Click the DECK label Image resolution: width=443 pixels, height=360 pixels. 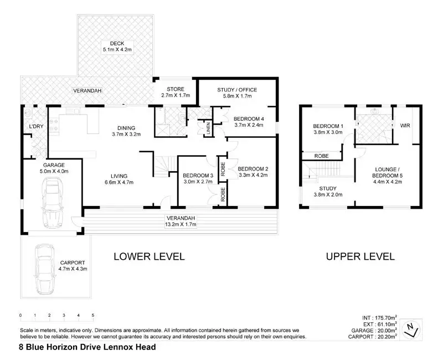tap(116, 43)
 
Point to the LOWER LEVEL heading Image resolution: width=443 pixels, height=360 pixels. tap(149, 256)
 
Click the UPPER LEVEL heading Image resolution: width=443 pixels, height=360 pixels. tap(360, 256)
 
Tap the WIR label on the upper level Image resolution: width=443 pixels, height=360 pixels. tap(406, 126)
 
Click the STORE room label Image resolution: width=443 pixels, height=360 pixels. tap(175, 89)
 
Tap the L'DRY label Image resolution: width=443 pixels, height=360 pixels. tap(36, 127)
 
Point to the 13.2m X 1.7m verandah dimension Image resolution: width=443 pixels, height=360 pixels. tap(181, 224)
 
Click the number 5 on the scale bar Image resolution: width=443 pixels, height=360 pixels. tap(93, 315)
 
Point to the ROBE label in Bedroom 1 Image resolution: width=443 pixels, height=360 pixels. tap(322, 156)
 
